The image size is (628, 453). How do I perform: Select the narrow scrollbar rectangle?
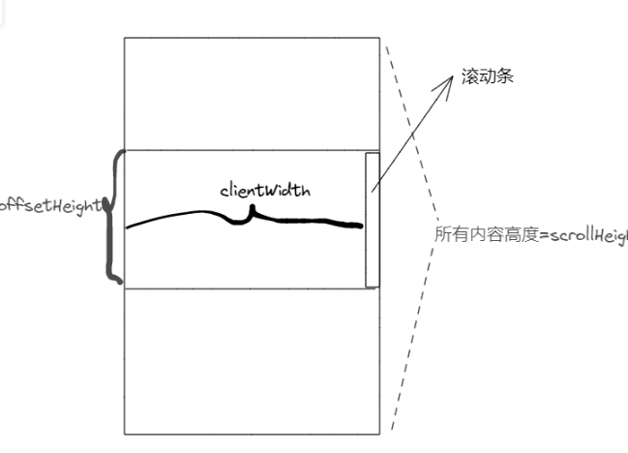372,220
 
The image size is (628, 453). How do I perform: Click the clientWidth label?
264,191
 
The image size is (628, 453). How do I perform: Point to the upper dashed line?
410,125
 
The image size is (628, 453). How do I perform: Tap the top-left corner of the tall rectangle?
125,38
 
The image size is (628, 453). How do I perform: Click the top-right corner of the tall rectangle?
379,38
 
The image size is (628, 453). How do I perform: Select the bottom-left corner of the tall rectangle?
125,434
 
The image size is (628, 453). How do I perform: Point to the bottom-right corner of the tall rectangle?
379,434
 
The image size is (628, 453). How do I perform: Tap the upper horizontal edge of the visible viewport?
242,150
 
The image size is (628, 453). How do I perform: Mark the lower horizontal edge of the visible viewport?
242,288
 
